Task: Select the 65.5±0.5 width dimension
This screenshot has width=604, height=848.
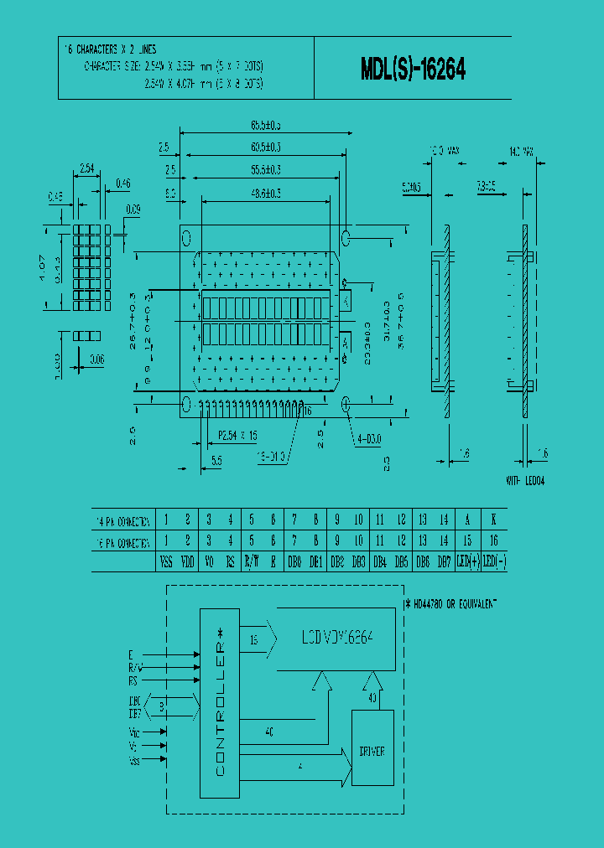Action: coord(265,126)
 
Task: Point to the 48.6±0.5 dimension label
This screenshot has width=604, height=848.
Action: coord(265,193)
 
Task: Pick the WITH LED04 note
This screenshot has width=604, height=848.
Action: coord(526,481)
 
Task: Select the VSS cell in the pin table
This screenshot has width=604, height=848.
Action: coord(167,562)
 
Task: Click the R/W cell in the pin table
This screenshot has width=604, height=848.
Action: coord(251,562)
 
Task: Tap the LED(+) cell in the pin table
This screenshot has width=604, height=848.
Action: coord(466,562)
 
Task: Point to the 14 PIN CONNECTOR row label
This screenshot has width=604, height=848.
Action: coord(123,520)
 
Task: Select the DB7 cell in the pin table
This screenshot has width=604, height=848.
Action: coord(444,562)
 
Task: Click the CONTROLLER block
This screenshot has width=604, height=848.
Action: coord(220,703)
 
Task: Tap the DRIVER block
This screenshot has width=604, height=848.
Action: coord(372,751)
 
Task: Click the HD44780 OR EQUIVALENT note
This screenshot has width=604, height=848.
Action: coord(450,602)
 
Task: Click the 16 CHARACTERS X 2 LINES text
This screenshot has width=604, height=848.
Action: coord(111,50)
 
